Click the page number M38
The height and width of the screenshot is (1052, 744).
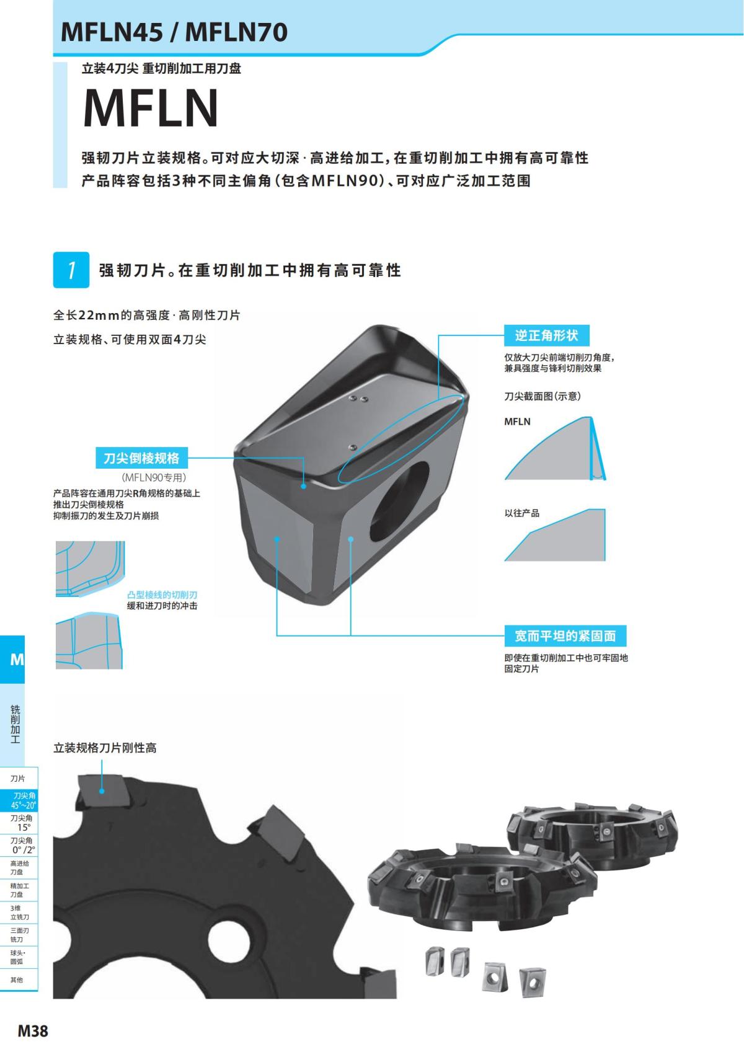[32, 1032]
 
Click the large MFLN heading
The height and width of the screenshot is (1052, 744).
[151, 108]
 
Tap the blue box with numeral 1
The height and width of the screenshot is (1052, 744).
[71, 270]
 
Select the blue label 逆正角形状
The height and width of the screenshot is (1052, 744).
[546, 335]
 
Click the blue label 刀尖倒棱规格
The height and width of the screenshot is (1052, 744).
[141, 458]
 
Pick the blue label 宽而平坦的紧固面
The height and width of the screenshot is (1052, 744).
[565, 635]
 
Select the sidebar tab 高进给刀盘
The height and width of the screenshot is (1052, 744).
[20, 867]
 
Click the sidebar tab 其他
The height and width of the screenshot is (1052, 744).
[17, 979]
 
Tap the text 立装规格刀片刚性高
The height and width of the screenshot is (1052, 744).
[105, 748]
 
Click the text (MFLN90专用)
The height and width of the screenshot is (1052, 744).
[154, 477]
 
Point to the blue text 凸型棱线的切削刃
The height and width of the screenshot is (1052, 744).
[162, 595]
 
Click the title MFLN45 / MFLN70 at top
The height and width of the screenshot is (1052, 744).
[175, 32]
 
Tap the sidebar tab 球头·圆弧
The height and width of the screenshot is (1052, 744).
[17, 957]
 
